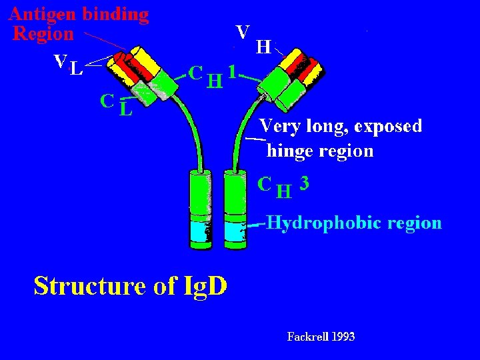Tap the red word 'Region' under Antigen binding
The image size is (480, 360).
(x=43, y=33)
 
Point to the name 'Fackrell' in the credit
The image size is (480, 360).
(x=307, y=337)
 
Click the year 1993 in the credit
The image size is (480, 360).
(x=342, y=337)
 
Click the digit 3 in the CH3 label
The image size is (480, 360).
(x=304, y=184)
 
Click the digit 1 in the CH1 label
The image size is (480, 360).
(x=233, y=72)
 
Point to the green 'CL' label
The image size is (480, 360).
(x=117, y=105)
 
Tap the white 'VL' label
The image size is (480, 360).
(x=68, y=65)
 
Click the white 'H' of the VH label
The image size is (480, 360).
(x=263, y=47)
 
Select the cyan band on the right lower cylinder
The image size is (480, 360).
(x=235, y=232)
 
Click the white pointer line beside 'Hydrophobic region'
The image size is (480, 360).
(x=256, y=225)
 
